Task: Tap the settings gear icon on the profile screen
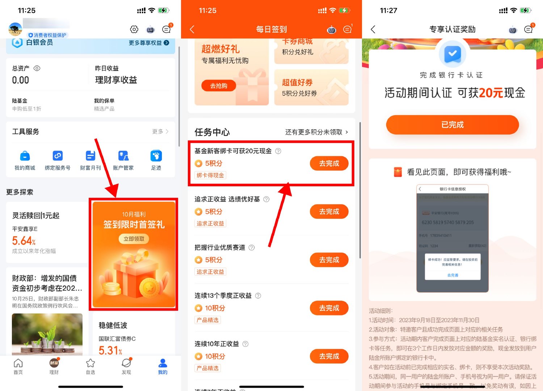[x=134, y=29]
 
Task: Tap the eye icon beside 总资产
[x=37, y=68]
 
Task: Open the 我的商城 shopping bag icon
[x=25, y=156]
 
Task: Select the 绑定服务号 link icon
[x=58, y=156]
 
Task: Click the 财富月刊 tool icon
[x=90, y=156]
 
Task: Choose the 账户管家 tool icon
[x=123, y=156]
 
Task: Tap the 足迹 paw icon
[x=156, y=156]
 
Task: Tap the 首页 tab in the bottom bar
[x=18, y=366]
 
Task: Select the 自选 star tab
[x=90, y=366]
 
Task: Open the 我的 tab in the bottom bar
[x=163, y=366]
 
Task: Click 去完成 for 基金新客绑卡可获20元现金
[x=329, y=163]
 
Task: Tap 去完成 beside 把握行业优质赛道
[x=329, y=260]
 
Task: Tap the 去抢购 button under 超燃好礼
[x=219, y=86]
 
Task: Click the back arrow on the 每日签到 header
[x=192, y=29]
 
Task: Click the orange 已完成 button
[x=452, y=125]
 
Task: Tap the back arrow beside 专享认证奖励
[x=373, y=29]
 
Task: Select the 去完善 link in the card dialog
[x=452, y=275]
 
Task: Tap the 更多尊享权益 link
[x=149, y=43]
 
